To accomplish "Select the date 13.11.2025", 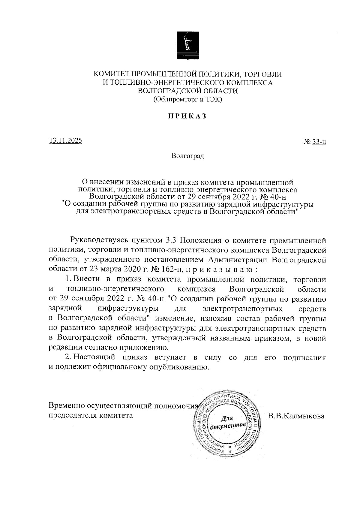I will click(66, 140).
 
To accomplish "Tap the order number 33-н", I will click(319, 142).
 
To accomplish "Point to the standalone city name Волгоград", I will click(188, 156).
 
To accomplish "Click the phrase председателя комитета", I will click(90, 416).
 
